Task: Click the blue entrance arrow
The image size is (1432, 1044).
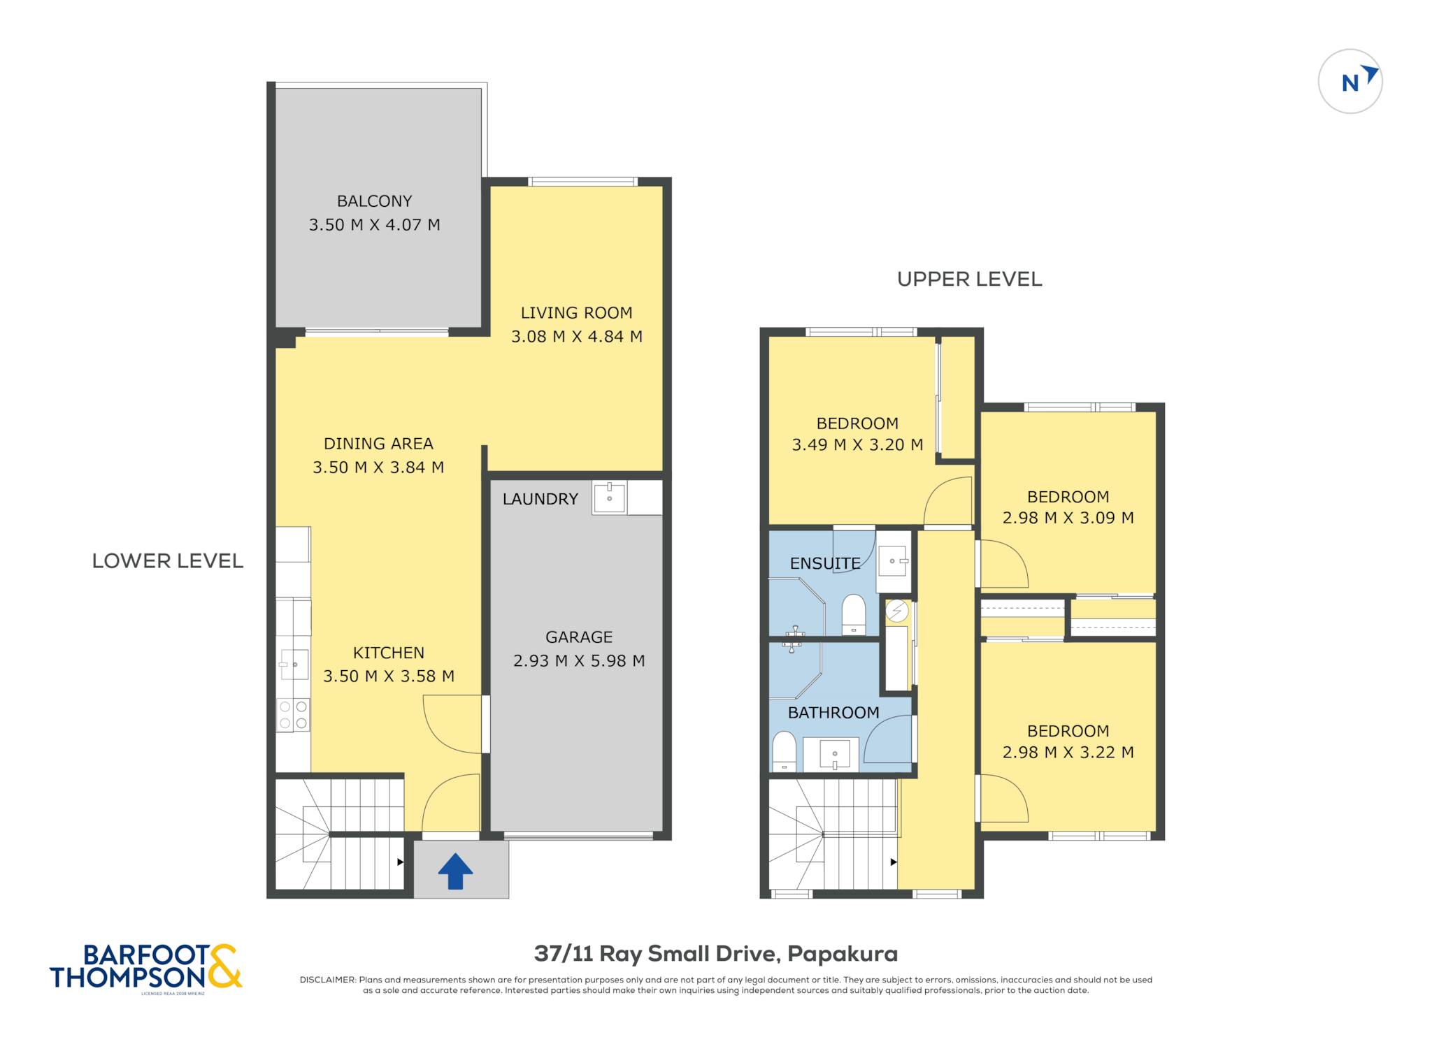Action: (x=455, y=871)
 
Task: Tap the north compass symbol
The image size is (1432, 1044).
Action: (x=1349, y=81)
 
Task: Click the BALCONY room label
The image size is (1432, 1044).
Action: (x=374, y=201)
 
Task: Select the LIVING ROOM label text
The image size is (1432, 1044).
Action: (x=576, y=313)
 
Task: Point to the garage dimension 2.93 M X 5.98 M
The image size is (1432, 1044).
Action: (x=579, y=661)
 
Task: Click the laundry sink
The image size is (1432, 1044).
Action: (x=609, y=498)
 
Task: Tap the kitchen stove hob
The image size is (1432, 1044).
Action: (x=293, y=715)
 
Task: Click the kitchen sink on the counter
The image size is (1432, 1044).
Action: (x=294, y=665)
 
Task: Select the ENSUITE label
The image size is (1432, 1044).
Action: (x=825, y=563)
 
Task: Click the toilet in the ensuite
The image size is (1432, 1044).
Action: (x=853, y=614)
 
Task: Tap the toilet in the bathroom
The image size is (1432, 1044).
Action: (x=784, y=751)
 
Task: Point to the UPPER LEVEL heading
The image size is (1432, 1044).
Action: (x=969, y=280)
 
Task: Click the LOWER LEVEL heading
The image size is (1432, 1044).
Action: (x=168, y=561)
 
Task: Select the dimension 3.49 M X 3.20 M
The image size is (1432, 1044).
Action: (x=857, y=445)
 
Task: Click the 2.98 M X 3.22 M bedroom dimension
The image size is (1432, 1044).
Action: (x=1068, y=753)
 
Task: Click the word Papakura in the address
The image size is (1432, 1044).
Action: (x=843, y=954)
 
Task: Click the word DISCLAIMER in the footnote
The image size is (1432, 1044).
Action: (x=327, y=980)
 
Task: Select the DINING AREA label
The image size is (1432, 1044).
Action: (x=378, y=444)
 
